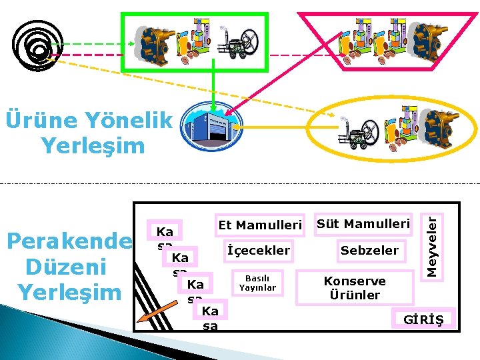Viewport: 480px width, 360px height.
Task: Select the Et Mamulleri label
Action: coord(260,225)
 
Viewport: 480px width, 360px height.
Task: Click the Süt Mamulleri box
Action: coord(363,224)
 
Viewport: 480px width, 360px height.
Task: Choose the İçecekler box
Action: coord(259,251)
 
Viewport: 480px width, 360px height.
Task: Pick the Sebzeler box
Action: coord(369,251)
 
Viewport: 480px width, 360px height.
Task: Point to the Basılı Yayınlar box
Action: coord(257,283)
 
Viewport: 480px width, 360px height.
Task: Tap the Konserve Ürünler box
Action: coord(355,288)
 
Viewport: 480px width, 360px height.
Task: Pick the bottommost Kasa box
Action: coord(210,317)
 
